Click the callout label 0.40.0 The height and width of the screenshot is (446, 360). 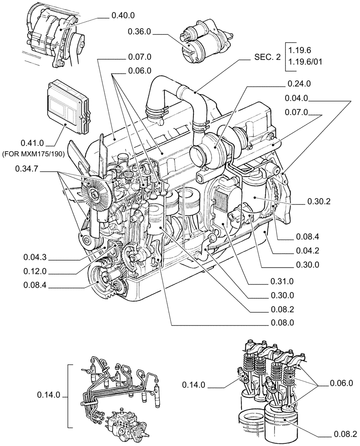[122, 16]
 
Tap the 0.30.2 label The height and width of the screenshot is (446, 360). [319, 202]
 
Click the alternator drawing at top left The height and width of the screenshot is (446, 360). [51, 38]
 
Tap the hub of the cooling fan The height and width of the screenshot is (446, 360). [94, 193]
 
